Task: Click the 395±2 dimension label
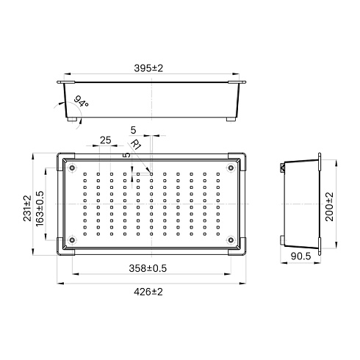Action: click(x=148, y=68)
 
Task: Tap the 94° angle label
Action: click(x=81, y=101)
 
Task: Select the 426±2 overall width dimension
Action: click(x=148, y=292)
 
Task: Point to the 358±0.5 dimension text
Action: click(x=148, y=268)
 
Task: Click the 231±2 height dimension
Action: click(x=27, y=208)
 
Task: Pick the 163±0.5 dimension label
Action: click(x=40, y=209)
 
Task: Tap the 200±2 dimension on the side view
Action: click(x=329, y=206)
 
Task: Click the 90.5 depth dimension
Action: click(x=300, y=256)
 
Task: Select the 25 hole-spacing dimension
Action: click(x=105, y=140)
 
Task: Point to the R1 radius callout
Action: click(x=136, y=144)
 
